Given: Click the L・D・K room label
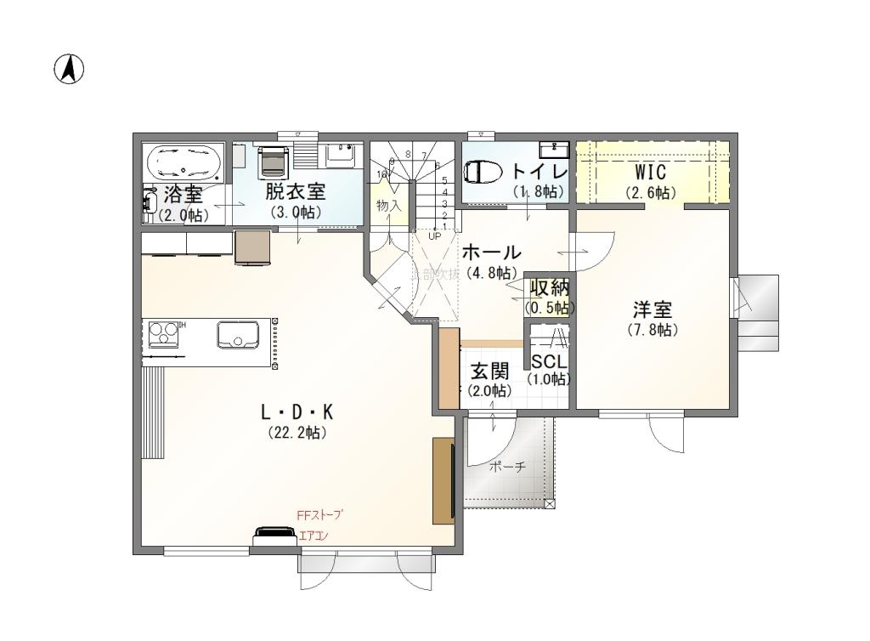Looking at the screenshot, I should [x=297, y=412].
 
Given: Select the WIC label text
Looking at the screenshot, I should [x=651, y=173].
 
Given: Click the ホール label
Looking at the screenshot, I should [x=491, y=252].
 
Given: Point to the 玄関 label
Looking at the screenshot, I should [x=489, y=371].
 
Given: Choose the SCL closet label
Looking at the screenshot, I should [x=548, y=362].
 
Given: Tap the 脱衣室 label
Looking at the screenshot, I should [x=296, y=191].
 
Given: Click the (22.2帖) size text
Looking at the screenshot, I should [x=297, y=433].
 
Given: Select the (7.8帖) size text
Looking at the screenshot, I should [x=652, y=330].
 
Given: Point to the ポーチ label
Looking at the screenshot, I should [x=508, y=467].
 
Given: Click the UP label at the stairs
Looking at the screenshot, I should [x=434, y=236].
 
